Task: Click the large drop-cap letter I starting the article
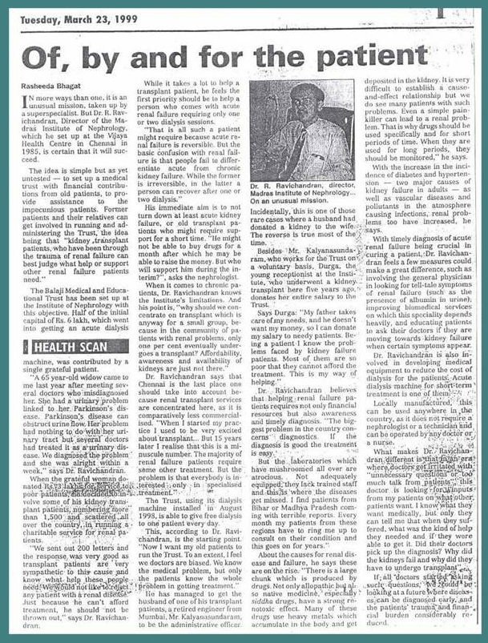point(30,108)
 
